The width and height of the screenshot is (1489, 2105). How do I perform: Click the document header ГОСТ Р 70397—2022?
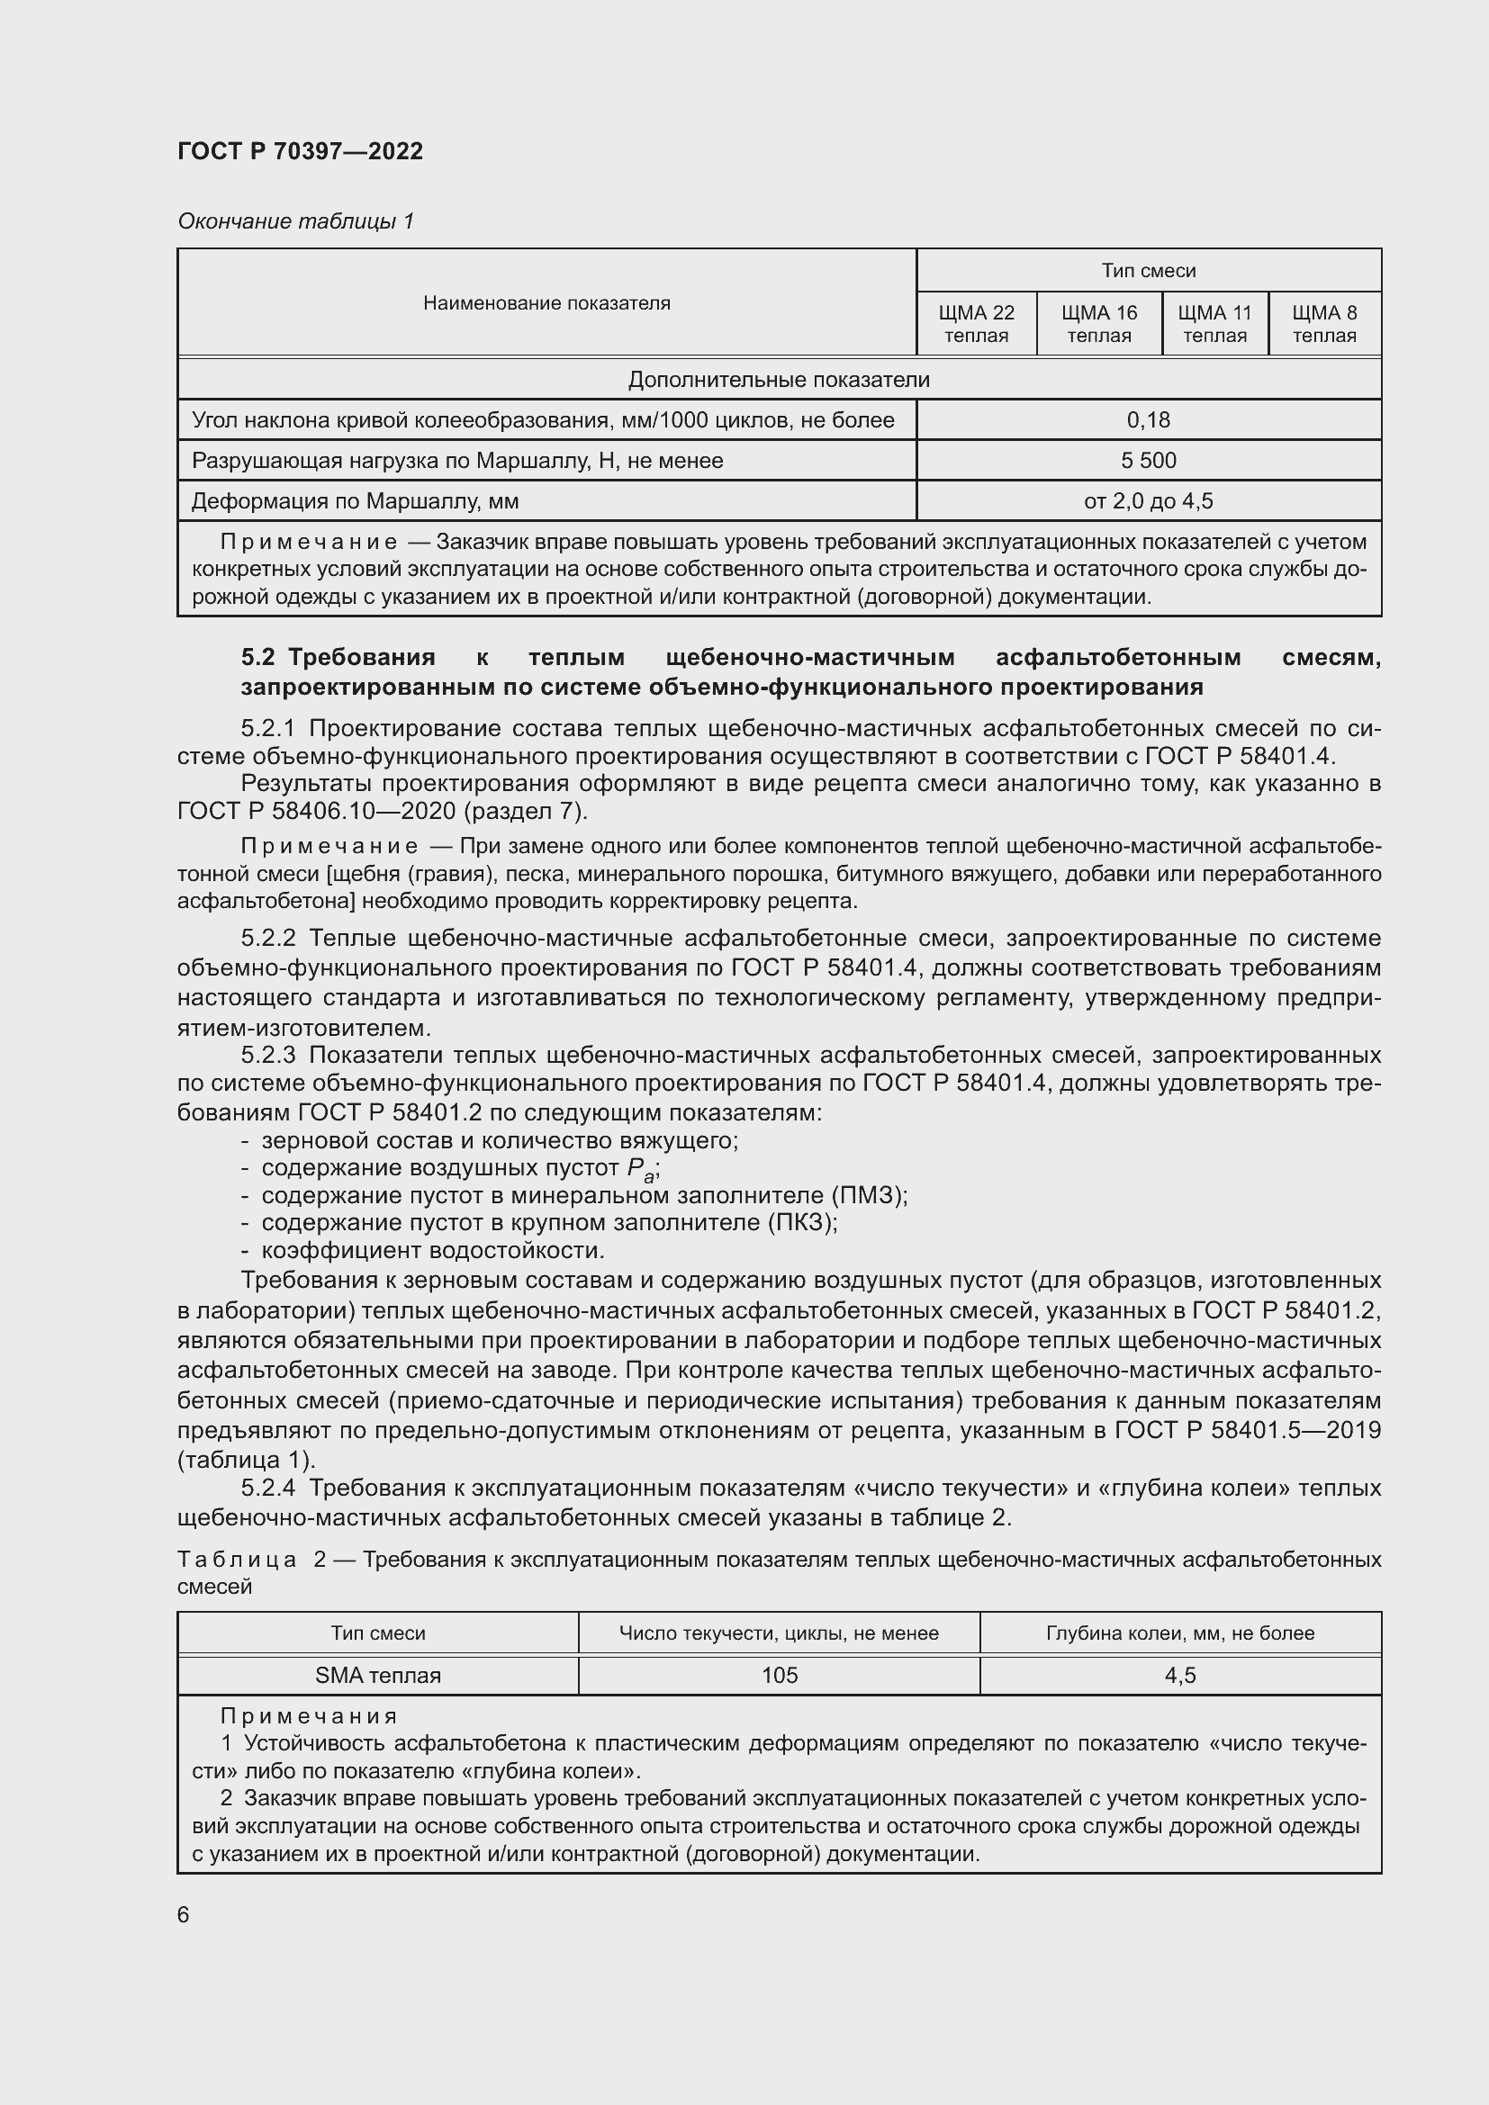click(x=300, y=151)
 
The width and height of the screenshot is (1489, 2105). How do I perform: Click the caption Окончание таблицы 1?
click(x=295, y=221)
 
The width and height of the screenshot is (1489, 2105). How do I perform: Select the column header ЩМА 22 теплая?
click(x=976, y=324)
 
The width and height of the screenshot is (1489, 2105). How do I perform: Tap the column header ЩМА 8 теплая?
click(x=1324, y=324)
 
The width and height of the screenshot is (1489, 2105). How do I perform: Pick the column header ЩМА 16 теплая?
click(x=1098, y=324)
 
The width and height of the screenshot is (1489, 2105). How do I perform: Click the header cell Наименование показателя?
click(x=546, y=302)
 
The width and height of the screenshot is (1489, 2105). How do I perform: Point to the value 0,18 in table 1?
click(x=1148, y=420)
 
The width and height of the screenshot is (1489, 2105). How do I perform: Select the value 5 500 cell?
click(x=1148, y=460)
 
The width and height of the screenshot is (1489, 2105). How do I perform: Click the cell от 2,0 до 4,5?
click(x=1148, y=500)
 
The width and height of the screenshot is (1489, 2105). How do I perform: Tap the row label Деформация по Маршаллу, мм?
click(x=355, y=501)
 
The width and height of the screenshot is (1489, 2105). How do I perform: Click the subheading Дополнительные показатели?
click(x=779, y=380)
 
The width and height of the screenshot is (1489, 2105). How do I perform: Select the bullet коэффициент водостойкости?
click(x=433, y=1251)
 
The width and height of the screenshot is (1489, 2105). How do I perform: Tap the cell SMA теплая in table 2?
click(x=378, y=1675)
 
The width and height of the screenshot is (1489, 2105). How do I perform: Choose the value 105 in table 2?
click(x=780, y=1675)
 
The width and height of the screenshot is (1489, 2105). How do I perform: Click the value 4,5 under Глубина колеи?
click(x=1180, y=1675)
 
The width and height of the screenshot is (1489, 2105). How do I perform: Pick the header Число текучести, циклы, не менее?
click(x=779, y=1633)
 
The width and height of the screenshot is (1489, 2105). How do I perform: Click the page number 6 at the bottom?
click(x=184, y=1914)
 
